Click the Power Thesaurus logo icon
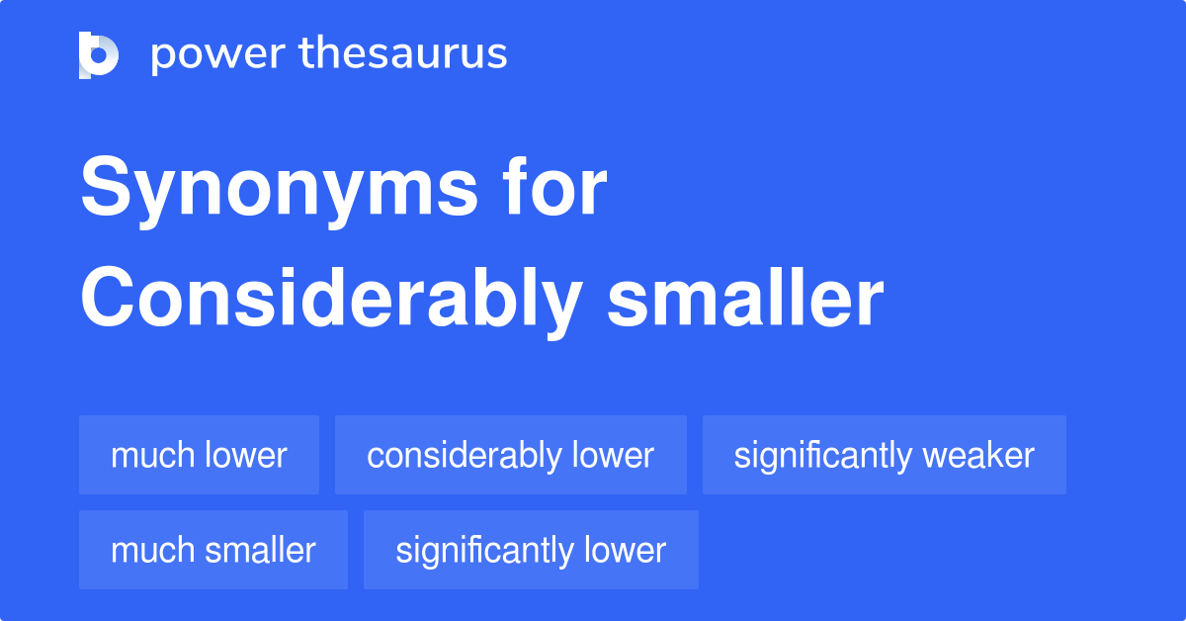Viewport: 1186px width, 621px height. coord(99,54)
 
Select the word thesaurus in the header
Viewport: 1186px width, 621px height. coord(403,54)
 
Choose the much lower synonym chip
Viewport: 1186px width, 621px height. coord(199,455)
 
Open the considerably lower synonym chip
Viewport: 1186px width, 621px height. coord(510,455)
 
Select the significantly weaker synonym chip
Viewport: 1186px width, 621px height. coord(884,455)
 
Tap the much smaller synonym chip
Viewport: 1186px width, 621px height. coord(212,550)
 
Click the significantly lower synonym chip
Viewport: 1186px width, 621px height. coord(531,550)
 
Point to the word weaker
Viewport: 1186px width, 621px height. coord(978,455)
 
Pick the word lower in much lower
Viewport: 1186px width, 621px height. coord(245,455)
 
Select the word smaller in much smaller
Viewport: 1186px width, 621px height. coord(260,550)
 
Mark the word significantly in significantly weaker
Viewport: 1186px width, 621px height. coord(822,455)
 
